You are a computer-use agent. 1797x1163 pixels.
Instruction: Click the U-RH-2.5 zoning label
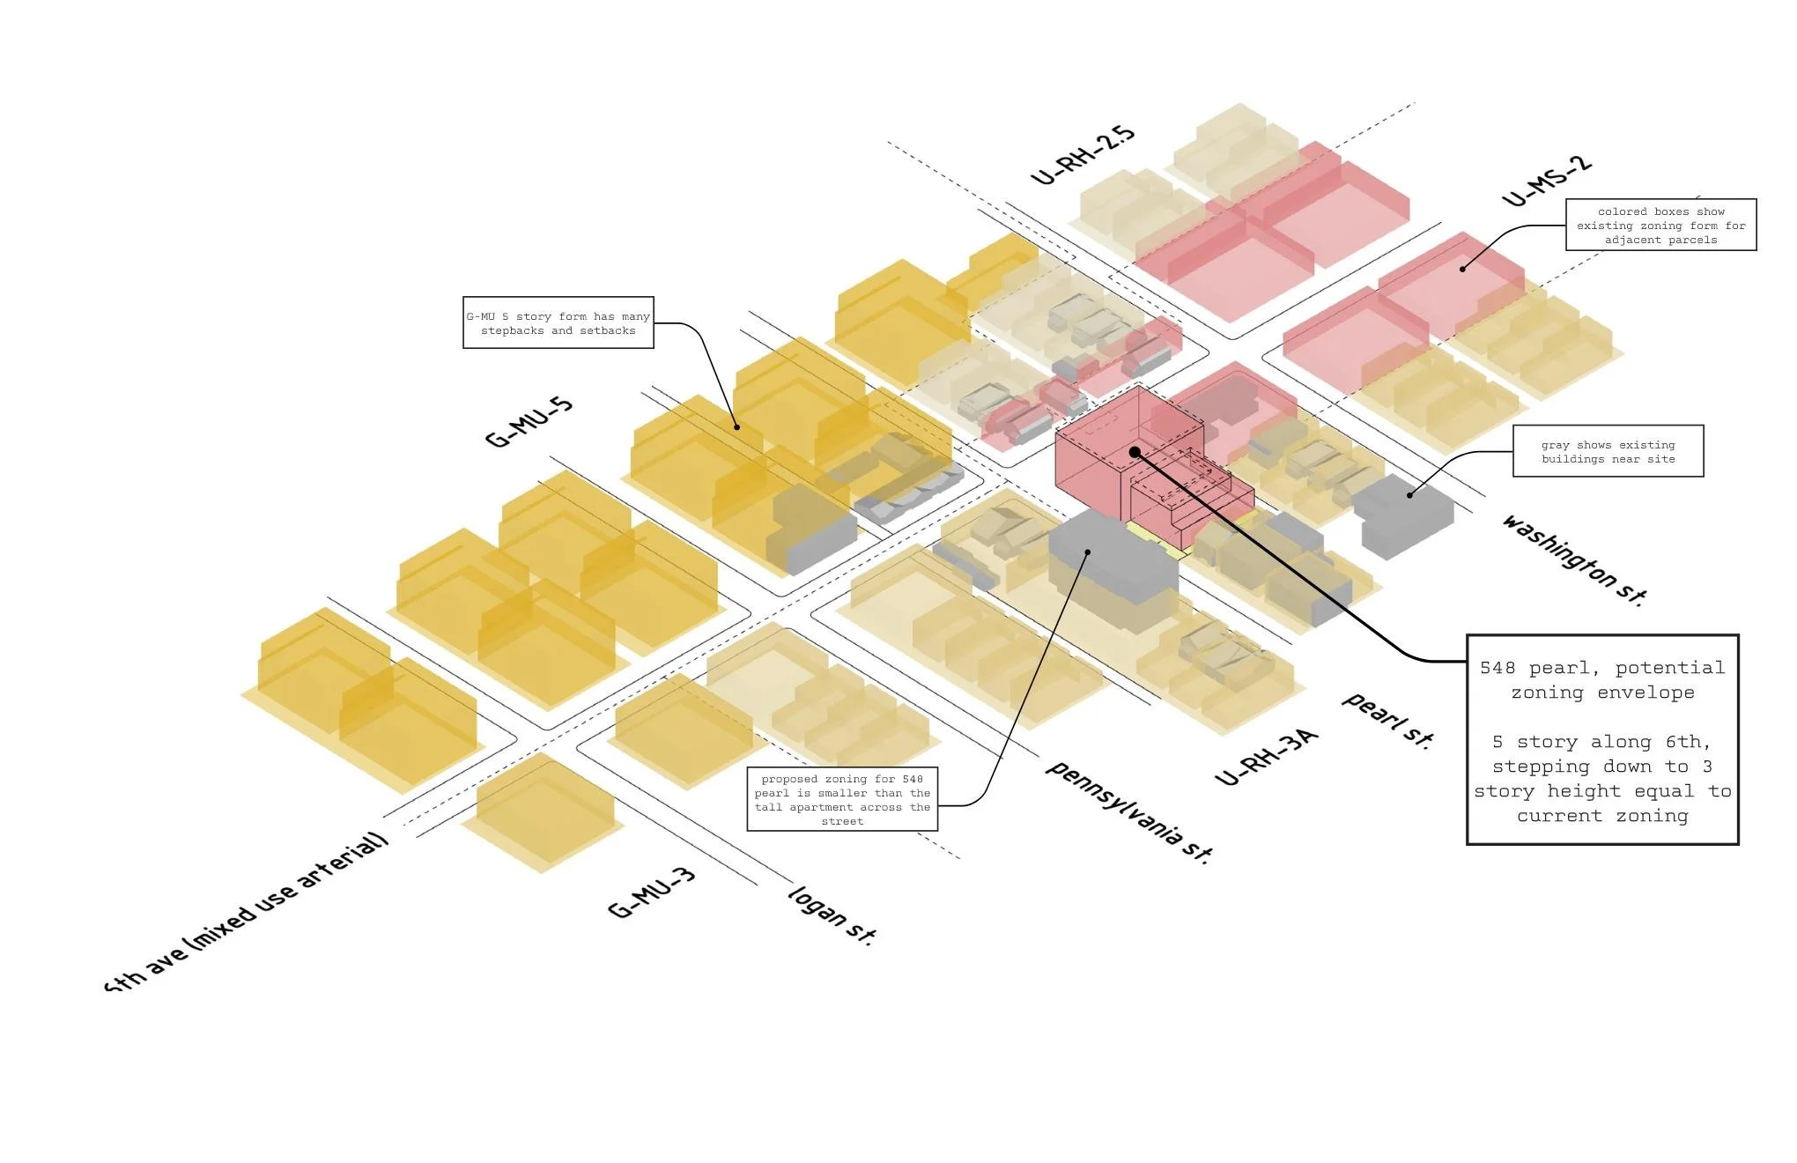tap(1083, 155)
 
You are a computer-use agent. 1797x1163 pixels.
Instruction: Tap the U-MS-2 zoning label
tap(1547, 181)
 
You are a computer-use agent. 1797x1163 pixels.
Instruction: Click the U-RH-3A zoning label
tap(1266, 757)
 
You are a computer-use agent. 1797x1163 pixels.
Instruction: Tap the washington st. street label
tap(1573, 559)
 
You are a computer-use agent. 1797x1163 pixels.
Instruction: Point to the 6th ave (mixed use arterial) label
tap(247, 912)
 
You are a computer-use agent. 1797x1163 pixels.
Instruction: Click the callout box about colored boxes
tap(1660, 225)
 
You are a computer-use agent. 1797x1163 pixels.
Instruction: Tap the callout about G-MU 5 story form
tap(558, 322)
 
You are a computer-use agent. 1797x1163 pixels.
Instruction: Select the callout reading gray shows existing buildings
tap(1608, 451)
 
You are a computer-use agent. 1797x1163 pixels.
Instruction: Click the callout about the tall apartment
tap(842, 799)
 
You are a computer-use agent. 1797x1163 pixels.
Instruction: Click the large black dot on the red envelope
tap(1135, 452)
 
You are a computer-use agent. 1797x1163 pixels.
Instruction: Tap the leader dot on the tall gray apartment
tap(1088, 552)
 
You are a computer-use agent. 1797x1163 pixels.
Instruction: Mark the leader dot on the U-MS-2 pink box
tap(1462, 269)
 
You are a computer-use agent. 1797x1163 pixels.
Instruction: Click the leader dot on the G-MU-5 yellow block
tap(737, 427)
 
